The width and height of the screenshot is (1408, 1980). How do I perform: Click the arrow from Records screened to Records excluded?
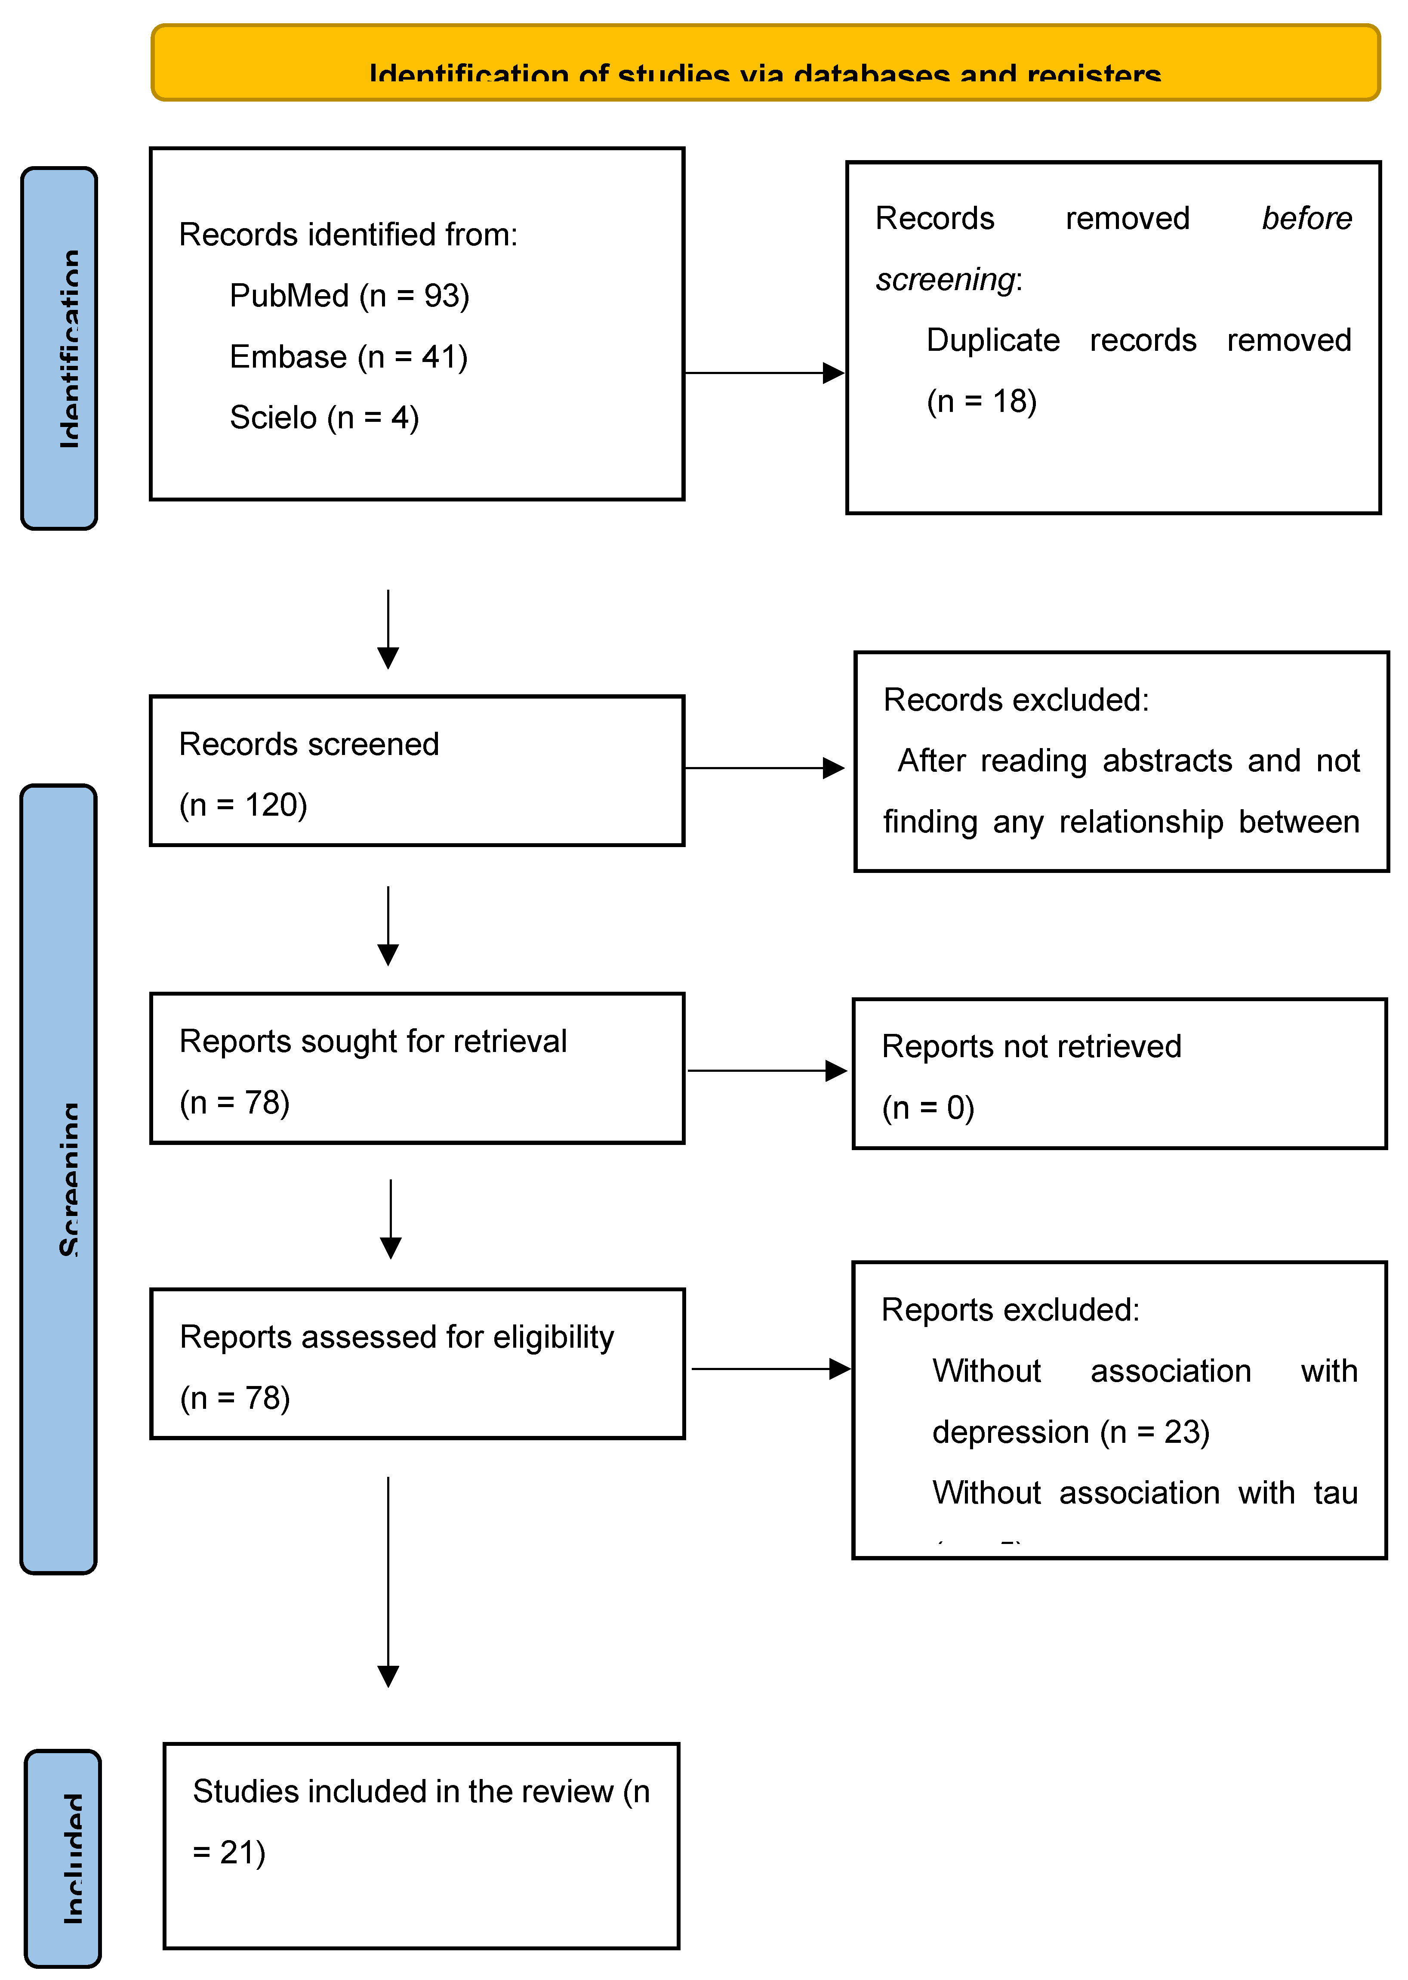(763, 767)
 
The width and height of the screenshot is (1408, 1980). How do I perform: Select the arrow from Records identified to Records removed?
(763, 373)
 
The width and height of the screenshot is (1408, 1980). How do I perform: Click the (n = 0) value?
(927, 1108)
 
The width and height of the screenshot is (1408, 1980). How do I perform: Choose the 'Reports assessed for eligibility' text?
(396, 1337)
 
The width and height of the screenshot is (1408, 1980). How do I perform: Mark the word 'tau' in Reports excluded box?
(1335, 1493)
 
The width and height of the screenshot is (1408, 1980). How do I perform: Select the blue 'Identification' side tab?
(59, 349)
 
